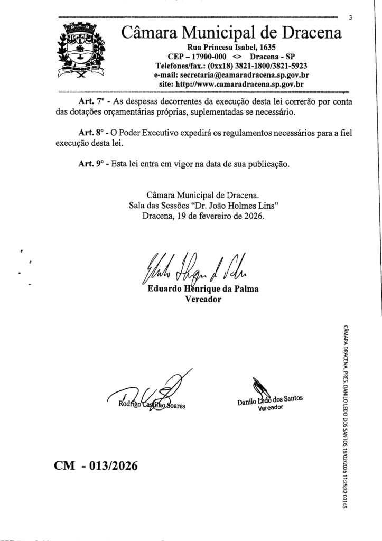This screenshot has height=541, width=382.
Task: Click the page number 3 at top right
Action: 350,17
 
